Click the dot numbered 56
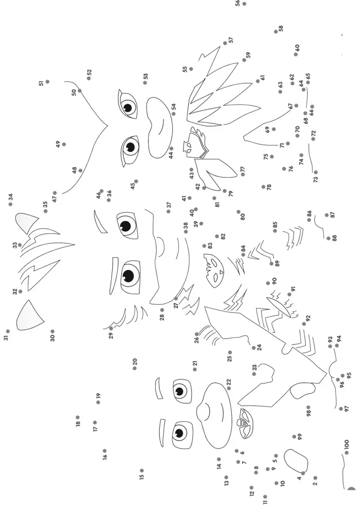tap(244, 4)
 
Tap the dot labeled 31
tap(8, 331)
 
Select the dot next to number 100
tap(347, 452)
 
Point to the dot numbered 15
tap(142, 470)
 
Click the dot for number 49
tap(64, 144)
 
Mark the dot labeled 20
tap(135, 369)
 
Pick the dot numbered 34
tap(10, 204)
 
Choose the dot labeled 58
tap(276, 31)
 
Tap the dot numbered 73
tap(316, 173)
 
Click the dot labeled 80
tap(239, 212)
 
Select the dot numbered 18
tap(77, 417)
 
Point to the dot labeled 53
tap(145, 83)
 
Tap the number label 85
tap(275, 225)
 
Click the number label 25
tap(230, 359)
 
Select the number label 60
tap(297, 47)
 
